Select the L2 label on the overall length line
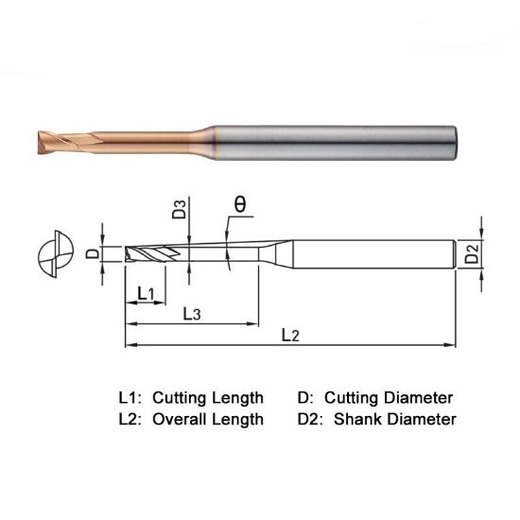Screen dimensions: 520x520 tap(290, 336)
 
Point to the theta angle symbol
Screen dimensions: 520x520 tap(240, 202)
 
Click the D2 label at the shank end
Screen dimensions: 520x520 tap(475, 253)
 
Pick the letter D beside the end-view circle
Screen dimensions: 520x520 tap(92, 253)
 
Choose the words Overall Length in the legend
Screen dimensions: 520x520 tap(208, 419)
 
